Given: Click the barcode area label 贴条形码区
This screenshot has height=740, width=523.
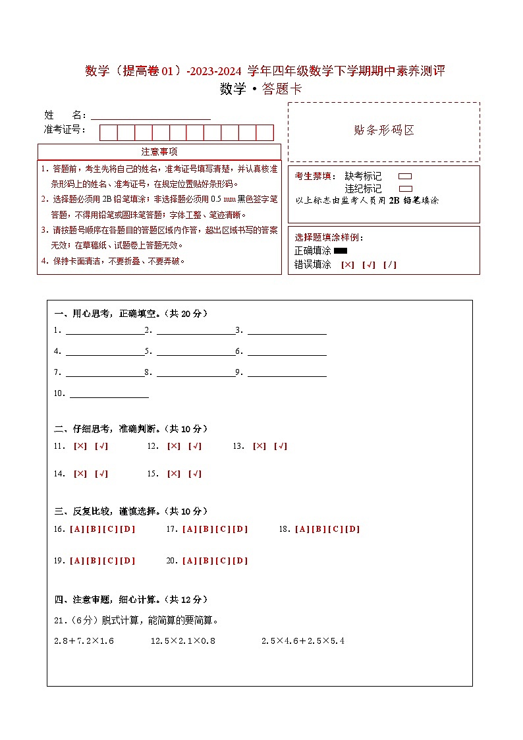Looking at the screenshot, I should [x=384, y=130].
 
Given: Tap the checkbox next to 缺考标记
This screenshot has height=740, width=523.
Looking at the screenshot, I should [x=405, y=177].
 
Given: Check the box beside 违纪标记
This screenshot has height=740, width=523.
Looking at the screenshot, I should [x=405, y=188].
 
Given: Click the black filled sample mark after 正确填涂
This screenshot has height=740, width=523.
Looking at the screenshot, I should [x=341, y=250].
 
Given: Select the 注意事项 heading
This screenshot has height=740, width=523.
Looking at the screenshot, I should [x=159, y=152].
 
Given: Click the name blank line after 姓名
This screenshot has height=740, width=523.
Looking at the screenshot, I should [x=151, y=115].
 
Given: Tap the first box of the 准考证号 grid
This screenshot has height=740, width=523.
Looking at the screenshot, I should [x=108, y=132].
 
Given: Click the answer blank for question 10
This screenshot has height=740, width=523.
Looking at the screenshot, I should [x=109, y=393].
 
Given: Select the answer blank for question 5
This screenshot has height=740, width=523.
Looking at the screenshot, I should [x=196, y=351].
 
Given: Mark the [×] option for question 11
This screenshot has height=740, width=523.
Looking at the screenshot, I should [x=80, y=446].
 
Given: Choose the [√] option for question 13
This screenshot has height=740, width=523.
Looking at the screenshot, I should [x=280, y=446].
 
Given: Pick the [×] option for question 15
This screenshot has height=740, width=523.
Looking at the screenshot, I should [x=174, y=474].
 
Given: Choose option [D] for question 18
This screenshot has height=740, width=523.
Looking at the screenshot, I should [x=353, y=529].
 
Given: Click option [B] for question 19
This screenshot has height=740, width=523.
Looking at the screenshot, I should [x=94, y=561].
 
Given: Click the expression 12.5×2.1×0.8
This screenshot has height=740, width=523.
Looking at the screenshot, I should [x=183, y=640].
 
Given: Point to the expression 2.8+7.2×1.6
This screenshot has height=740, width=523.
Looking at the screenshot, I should [x=84, y=640].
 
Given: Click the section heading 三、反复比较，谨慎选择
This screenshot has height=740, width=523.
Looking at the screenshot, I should [x=131, y=511].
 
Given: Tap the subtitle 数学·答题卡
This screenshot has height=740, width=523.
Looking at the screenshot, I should [x=261, y=89].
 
